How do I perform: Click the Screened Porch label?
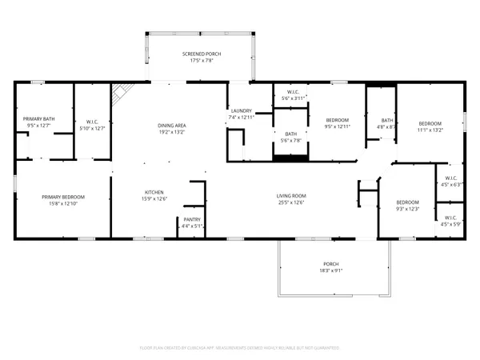tap(202, 54)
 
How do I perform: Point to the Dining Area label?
tap(172, 126)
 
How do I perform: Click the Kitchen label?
tap(154, 192)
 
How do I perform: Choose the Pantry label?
tap(192, 219)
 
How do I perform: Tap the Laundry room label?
tap(242, 110)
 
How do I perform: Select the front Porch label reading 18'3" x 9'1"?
tap(331, 264)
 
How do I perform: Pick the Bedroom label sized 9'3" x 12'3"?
tap(408, 202)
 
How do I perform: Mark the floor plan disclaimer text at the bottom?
tap(240, 348)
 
